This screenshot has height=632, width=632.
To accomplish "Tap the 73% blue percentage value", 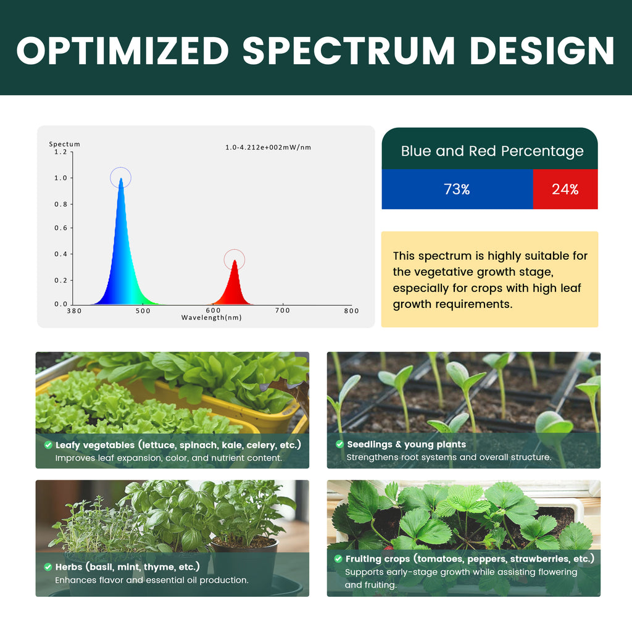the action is (x=457, y=189).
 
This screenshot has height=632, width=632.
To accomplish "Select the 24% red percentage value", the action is (x=565, y=189).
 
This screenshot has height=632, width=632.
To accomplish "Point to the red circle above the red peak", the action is (x=234, y=250).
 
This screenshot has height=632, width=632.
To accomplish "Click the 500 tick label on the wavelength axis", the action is (x=143, y=311).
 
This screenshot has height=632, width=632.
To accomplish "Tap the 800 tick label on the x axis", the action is (x=351, y=311).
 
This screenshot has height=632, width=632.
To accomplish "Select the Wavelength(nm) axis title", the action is (x=212, y=318).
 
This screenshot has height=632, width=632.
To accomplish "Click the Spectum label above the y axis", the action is (x=64, y=144).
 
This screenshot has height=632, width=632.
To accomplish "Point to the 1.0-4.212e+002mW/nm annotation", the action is (x=268, y=147).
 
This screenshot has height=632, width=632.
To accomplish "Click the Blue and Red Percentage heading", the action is (x=492, y=151).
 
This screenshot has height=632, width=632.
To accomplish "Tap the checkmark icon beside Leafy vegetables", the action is (x=48, y=445).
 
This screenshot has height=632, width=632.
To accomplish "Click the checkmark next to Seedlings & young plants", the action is (x=340, y=444).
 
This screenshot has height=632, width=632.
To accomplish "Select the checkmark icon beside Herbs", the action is (x=48, y=567).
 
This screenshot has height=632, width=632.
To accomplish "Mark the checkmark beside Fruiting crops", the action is (x=338, y=559).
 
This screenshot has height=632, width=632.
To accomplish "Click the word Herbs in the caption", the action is (x=69, y=567).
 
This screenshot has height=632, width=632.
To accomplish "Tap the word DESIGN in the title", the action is (x=542, y=51).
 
